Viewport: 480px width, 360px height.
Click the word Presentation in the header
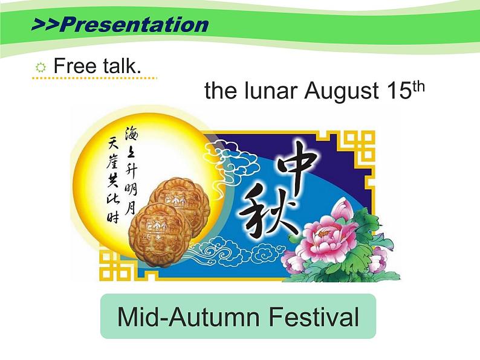134,25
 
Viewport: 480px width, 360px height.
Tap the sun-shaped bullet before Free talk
41,68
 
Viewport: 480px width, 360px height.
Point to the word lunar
271,91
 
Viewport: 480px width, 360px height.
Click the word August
342,91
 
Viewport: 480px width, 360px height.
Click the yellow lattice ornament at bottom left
115,266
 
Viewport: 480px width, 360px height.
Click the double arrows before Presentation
45,25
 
